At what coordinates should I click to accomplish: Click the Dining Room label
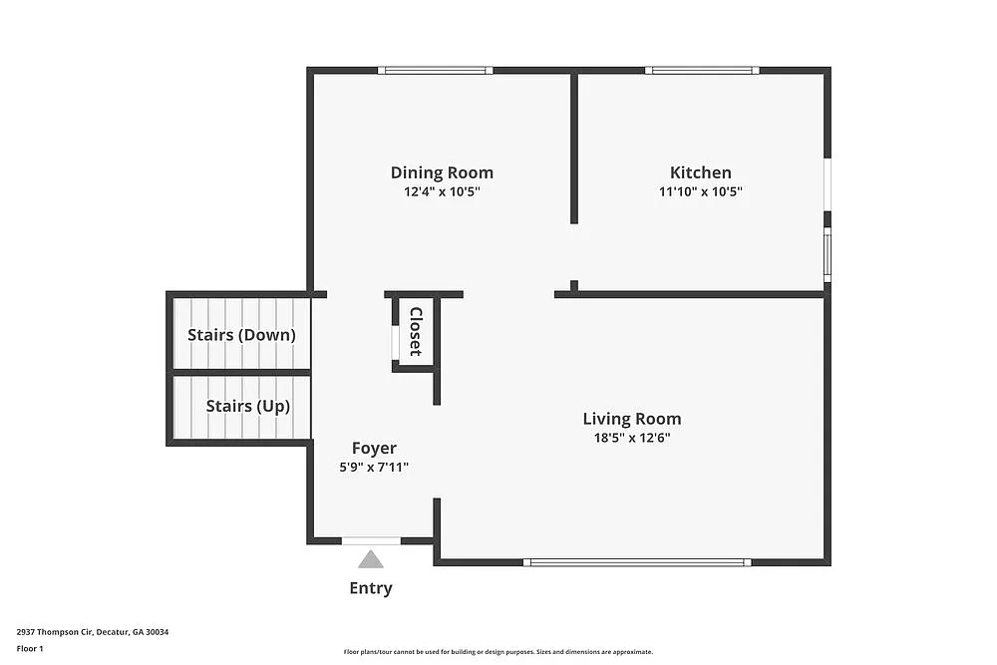tap(442, 172)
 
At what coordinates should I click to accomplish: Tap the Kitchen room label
tap(700, 172)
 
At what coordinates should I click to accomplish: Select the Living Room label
tap(632, 419)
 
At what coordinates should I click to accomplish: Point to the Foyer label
tap(374, 449)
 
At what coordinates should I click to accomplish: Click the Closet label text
tap(416, 332)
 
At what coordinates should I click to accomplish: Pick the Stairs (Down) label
tap(241, 335)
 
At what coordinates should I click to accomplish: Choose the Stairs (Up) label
tap(247, 406)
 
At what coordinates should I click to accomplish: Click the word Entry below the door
tap(370, 588)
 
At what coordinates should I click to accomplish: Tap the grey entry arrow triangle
tap(371, 559)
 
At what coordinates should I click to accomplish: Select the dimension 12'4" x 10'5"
tap(442, 191)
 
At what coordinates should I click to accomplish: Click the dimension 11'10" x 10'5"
tap(700, 191)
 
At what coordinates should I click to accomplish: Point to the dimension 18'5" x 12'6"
tap(632, 437)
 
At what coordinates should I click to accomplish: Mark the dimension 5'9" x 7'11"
tap(374, 467)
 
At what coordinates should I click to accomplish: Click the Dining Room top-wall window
tap(436, 70)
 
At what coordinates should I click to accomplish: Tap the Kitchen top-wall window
tap(702, 70)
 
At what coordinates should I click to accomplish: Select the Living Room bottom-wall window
tap(638, 562)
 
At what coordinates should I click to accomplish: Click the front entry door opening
tap(371, 540)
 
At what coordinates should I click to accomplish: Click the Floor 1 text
tap(30, 648)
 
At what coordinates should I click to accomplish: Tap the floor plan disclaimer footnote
tap(498, 651)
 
